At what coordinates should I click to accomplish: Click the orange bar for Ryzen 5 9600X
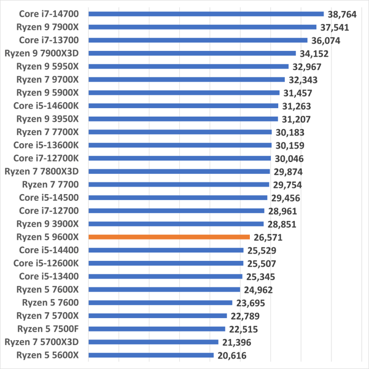[x=169, y=237]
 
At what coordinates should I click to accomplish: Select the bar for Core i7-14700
[x=206, y=14]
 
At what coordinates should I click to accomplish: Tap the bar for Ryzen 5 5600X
[x=151, y=355]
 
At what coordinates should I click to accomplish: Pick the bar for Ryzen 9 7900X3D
[x=192, y=53]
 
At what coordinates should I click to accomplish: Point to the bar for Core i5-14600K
[x=183, y=106]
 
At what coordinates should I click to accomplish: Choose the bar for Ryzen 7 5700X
[x=158, y=316]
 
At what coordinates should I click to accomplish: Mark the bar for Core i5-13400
[x=165, y=276]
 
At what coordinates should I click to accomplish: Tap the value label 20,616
[x=232, y=356]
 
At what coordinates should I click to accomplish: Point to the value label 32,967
[x=306, y=67]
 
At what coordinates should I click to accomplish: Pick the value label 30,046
[x=288, y=159]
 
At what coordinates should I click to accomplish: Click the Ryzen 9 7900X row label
[x=47, y=27]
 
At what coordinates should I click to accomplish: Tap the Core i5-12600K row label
[x=46, y=263]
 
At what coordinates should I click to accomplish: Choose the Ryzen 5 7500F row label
[x=48, y=329]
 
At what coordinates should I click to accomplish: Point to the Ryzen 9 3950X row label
[x=47, y=119]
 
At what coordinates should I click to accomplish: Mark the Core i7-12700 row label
[x=49, y=210]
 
